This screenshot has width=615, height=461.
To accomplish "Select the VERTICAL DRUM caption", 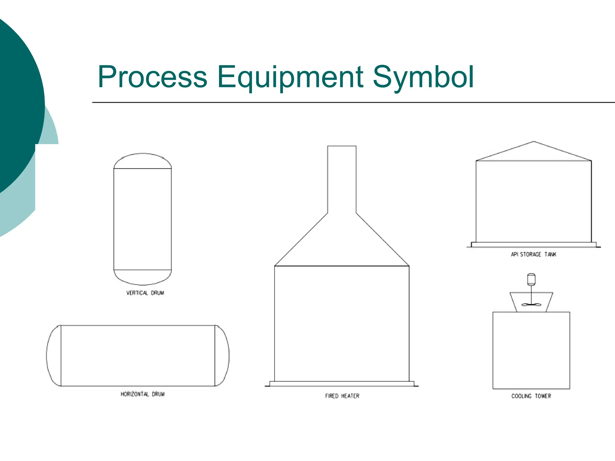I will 145,293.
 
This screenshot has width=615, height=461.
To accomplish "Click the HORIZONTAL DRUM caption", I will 143,394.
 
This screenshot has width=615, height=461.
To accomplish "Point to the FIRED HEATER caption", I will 342,396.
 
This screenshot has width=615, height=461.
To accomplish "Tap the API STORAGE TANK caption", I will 533,255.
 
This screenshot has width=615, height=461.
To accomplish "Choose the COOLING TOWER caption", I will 531,396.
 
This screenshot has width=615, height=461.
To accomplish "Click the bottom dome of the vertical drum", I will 143,277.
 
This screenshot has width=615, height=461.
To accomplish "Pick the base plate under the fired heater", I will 342,384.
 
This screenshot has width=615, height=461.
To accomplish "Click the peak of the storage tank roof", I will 534,142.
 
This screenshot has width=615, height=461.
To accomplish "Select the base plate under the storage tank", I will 534,245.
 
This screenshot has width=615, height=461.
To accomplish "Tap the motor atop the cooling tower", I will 531,279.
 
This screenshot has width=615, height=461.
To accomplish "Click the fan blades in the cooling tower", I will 531,305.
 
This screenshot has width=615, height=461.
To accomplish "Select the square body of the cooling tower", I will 531,350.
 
